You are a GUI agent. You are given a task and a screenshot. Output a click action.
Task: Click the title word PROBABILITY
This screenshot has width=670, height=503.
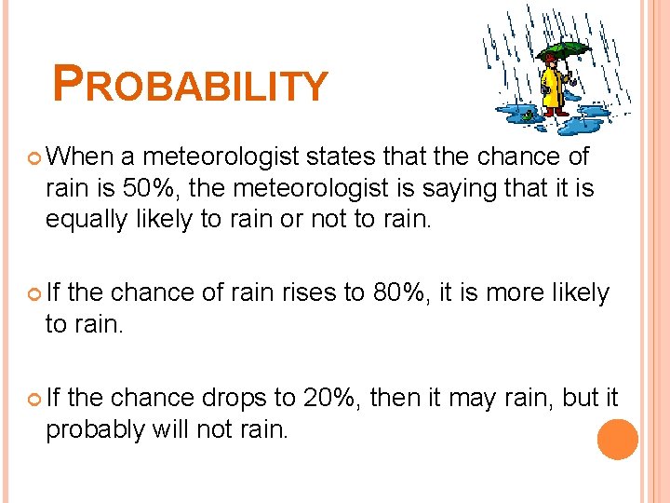click(191, 84)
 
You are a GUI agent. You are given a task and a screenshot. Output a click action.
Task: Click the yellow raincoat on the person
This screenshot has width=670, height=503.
click(551, 89)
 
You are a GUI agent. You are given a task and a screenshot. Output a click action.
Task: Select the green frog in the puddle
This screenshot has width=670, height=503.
click(528, 116)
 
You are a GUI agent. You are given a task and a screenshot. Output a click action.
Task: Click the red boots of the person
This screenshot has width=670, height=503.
click(556, 113)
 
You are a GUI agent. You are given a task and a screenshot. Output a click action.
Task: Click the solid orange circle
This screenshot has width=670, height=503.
click(617, 439)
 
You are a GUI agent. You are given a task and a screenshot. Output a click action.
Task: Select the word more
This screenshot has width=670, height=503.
click(519, 292)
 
